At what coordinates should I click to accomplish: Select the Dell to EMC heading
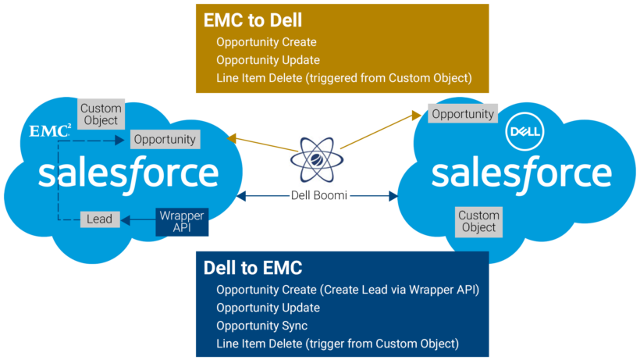(252, 268)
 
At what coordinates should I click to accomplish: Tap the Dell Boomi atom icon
(319, 157)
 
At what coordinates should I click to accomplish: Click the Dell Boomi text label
(319, 196)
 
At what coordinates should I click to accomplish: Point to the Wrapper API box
(181, 221)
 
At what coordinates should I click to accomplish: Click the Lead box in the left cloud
(100, 219)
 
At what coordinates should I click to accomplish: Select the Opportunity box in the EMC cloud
(164, 140)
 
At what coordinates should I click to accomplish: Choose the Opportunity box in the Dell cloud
(463, 114)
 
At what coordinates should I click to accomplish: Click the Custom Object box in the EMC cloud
(100, 114)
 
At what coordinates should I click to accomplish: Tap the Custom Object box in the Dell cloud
(478, 221)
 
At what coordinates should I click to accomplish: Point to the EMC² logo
(49, 130)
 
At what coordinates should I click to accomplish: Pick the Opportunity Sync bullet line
(261, 326)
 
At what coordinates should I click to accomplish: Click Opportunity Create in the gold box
(266, 43)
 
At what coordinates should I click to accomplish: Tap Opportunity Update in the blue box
(268, 308)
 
